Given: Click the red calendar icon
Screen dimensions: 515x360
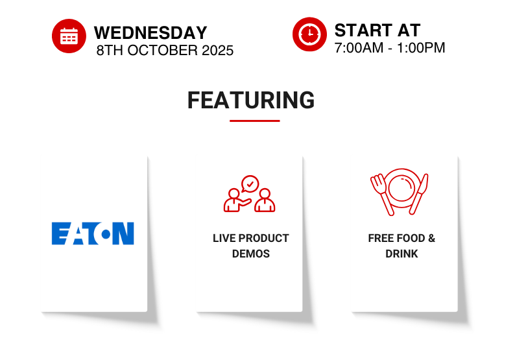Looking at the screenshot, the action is point(69,36).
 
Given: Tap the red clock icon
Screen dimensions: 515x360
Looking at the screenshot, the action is point(309,34).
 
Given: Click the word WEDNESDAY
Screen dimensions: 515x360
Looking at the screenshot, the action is point(150,33).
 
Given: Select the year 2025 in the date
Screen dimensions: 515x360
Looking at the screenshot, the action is point(217,51).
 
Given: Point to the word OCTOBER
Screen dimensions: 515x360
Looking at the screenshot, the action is point(163,51).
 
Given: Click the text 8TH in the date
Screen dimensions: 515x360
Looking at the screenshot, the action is point(110,51).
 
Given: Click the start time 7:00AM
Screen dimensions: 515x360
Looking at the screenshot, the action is point(359,48).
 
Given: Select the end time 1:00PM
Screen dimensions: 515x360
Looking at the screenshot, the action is point(421,48).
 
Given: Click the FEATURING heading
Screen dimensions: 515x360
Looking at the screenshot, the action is point(251,100).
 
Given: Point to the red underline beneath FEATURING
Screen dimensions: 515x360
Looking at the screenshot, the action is point(254,121).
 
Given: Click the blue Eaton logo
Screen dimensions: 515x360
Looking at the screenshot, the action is point(93,234).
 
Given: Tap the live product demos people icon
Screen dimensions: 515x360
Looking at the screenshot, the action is point(249,194).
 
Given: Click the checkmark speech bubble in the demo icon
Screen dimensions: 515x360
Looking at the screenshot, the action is point(250,184).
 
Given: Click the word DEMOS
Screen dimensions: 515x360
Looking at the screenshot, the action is point(251,254).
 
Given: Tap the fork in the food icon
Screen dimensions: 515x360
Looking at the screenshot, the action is point(382,195).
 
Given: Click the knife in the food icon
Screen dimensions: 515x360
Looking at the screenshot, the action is point(419,194).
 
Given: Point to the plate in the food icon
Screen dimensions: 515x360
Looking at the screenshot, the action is point(401,188).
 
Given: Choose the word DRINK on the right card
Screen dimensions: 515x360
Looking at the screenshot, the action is point(401,254).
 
